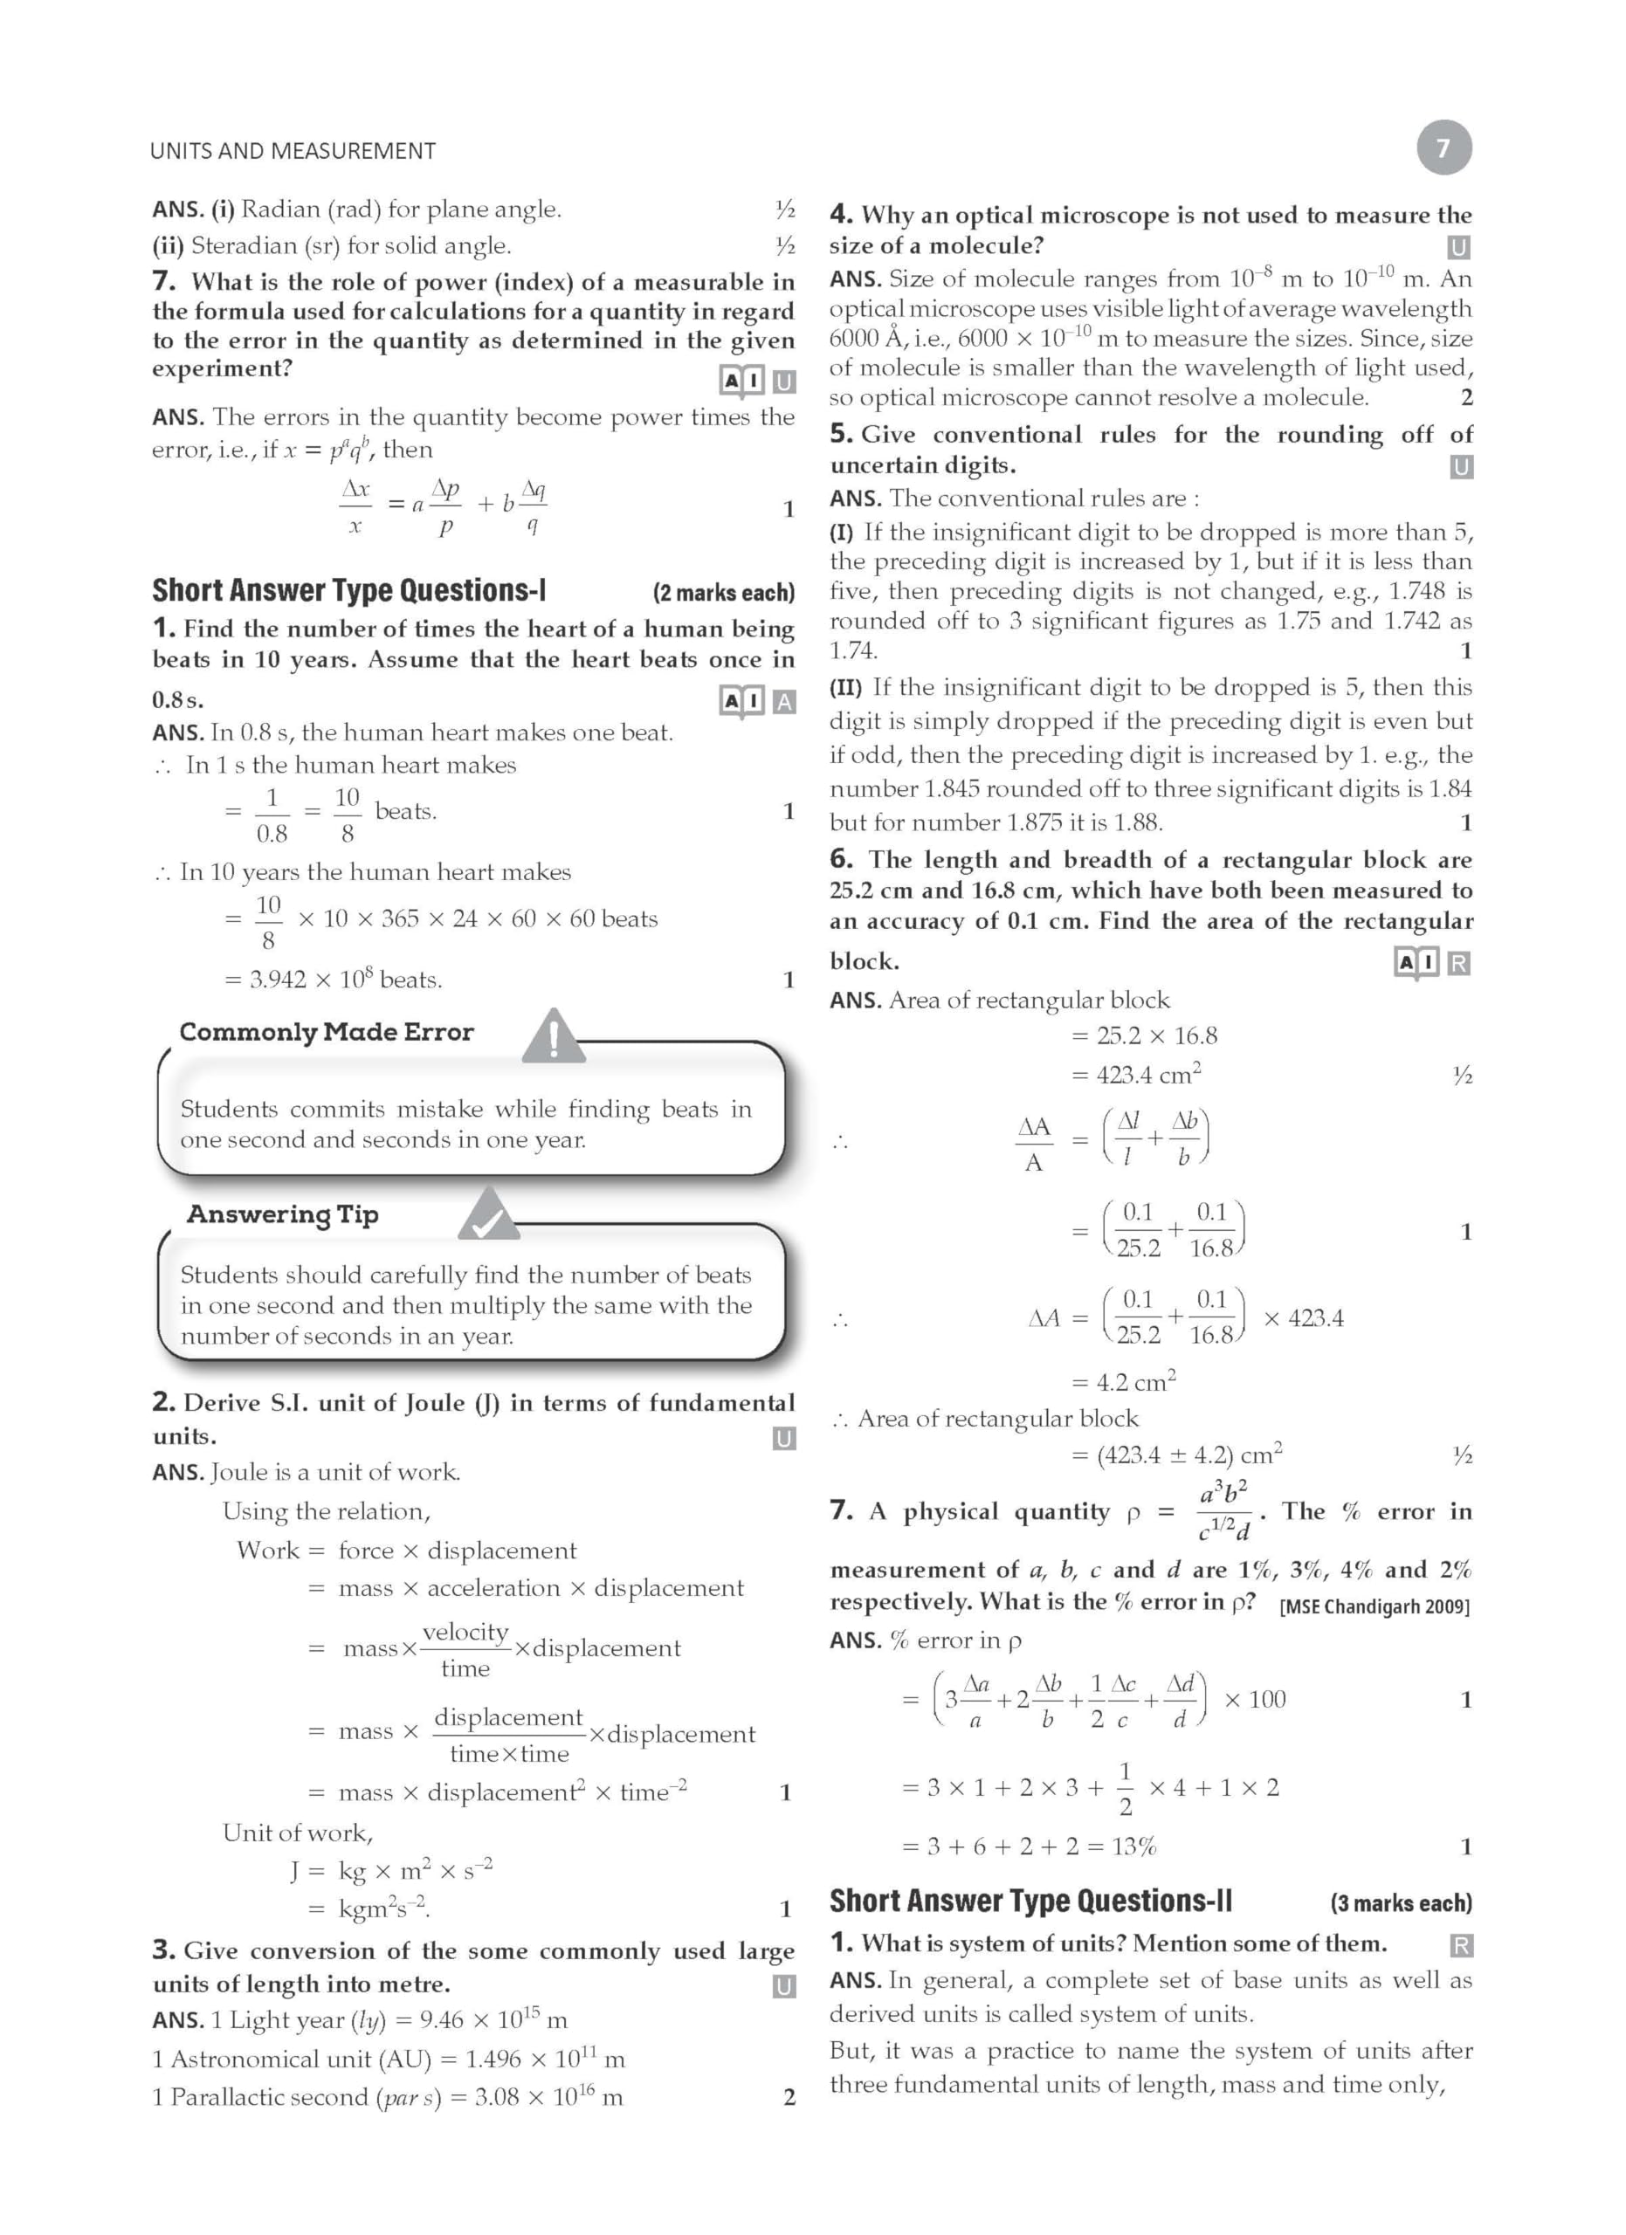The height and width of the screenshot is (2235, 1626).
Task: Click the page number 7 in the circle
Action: [x=1443, y=148]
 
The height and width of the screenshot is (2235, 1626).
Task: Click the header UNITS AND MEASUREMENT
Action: [x=293, y=151]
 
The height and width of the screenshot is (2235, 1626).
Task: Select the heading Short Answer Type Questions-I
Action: [x=348, y=590]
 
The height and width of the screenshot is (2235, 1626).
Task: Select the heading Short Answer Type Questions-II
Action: [x=1030, y=1901]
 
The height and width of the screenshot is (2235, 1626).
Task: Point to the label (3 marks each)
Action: [x=1401, y=1903]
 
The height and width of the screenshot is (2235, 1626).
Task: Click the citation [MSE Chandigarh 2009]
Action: [x=1374, y=1606]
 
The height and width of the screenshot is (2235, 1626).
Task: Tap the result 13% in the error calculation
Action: [x=1133, y=1846]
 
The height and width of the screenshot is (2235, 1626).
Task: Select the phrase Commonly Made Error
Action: [x=327, y=1032]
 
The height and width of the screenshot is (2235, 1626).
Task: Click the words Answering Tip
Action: [x=283, y=1214]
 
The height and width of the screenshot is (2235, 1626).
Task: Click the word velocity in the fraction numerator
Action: [x=465, y=1632]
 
